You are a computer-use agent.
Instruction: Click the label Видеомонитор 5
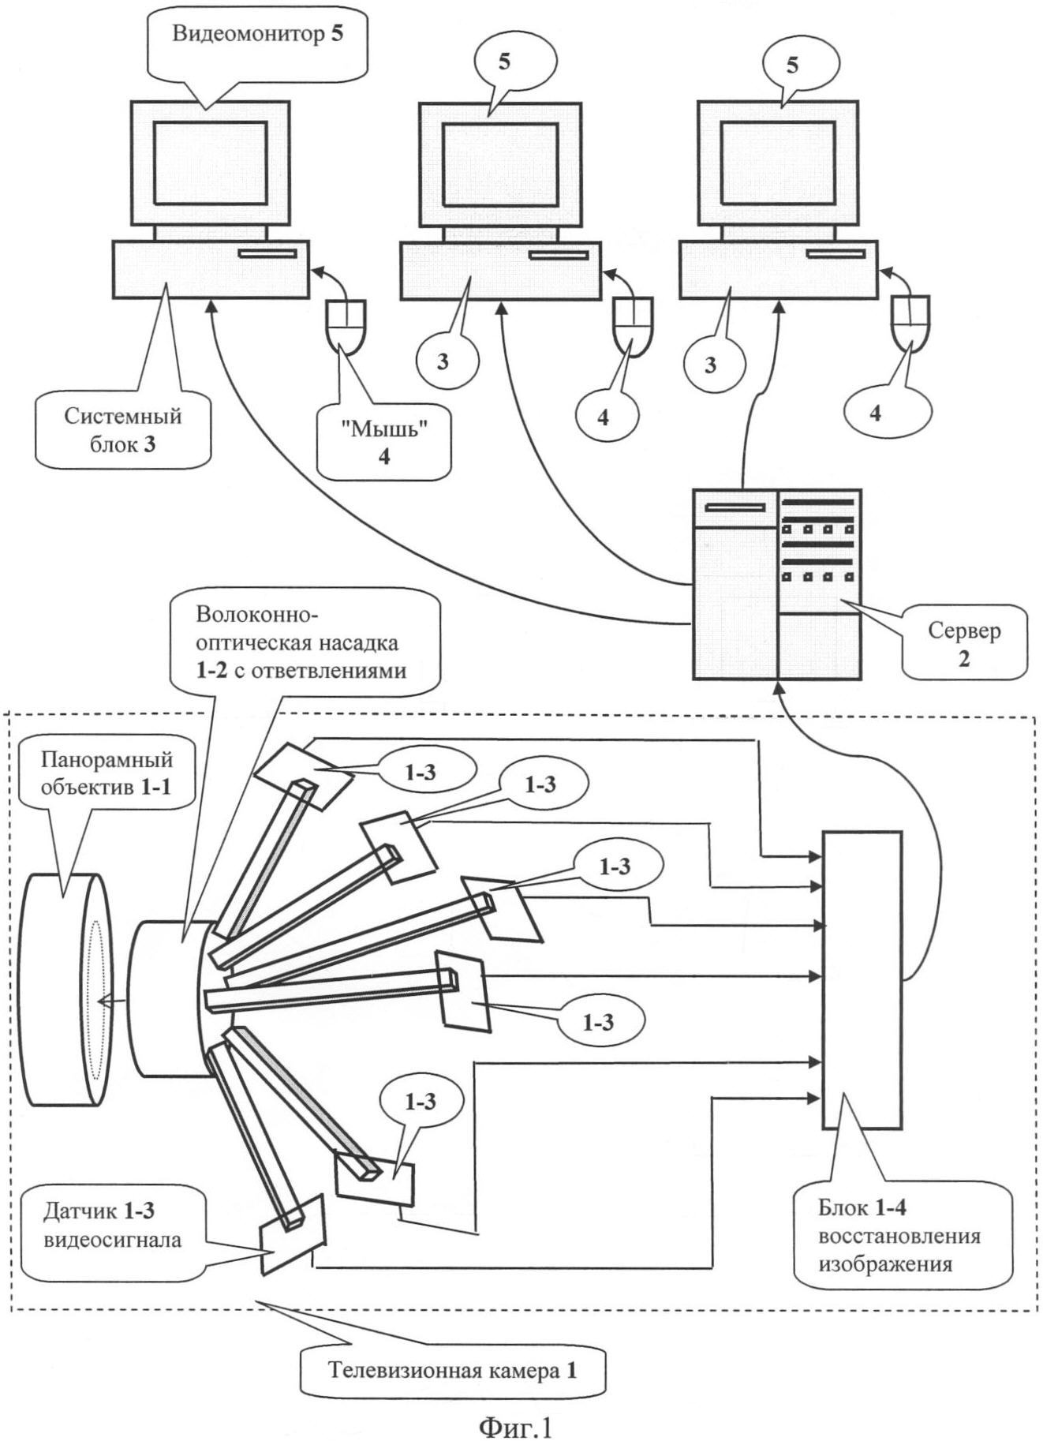257,36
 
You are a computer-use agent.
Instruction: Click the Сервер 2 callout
964,644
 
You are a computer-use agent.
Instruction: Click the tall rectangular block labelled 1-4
862,980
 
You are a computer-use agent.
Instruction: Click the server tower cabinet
777,584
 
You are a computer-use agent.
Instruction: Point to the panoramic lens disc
66,988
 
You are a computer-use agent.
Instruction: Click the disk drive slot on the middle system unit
558,254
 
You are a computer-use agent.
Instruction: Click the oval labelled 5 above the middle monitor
505,62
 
